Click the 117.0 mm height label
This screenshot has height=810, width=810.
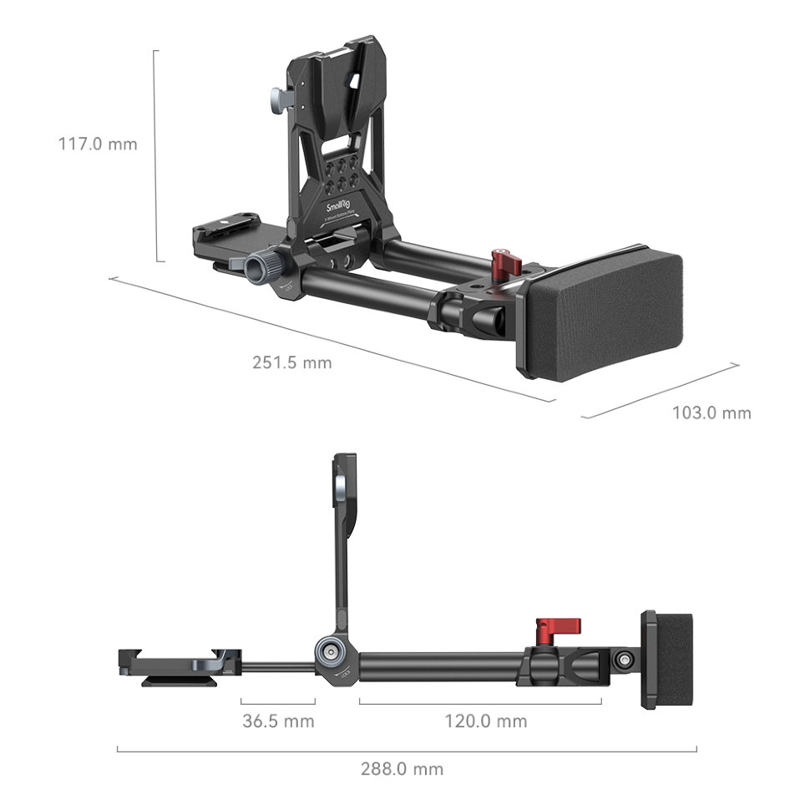tap(98, 144)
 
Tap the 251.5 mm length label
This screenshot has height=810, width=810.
tap(291, 362)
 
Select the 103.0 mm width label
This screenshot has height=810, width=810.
tap(711, 413)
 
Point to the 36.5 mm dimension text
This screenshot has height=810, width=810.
tap(278, 721)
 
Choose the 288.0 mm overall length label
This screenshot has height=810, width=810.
tap(402, 769)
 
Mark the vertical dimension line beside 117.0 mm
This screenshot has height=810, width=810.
tap(155, 154)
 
